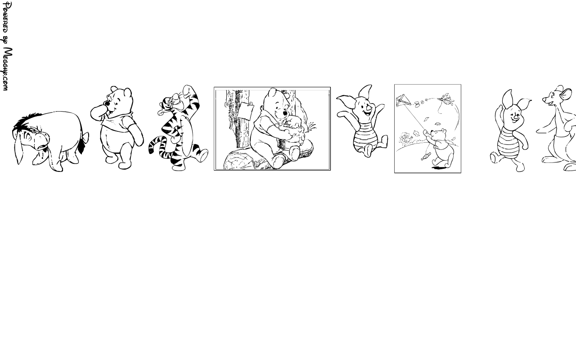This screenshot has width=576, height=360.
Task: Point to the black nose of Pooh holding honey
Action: (285, 113)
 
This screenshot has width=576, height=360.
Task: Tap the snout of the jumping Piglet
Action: (369, 108)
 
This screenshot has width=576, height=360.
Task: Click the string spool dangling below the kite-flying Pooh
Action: (426, 156)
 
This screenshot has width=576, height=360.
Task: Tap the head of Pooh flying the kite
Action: (437, 135)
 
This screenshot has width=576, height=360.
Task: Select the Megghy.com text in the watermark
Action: (8, 69)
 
